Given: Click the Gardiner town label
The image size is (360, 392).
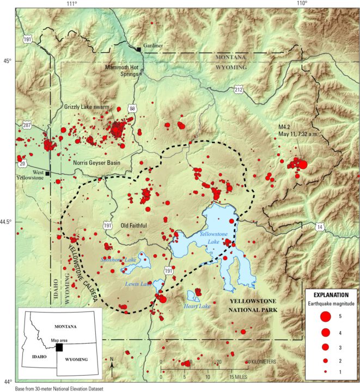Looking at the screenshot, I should click(x=153, y=45).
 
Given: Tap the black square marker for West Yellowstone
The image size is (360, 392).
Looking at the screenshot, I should click(x=48, y=174).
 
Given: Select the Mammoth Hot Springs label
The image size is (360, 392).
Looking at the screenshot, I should click(x=125, y=71).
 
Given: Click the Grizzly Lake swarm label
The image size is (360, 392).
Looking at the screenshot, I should click(x=86, y=107).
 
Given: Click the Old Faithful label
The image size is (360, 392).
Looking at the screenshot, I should click(x=134, y=225).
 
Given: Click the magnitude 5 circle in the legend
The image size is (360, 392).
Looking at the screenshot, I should click(x=325, y=316).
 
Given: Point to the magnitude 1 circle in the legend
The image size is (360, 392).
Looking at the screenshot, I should click(x=325, y=371).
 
